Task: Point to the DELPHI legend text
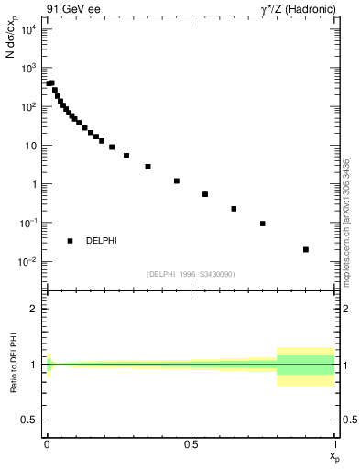[101, 241]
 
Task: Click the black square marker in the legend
[70, 241]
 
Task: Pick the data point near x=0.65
[234, 209]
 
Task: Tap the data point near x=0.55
[205, 194]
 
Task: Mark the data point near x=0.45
[176, 180]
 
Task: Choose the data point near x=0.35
[147, 167]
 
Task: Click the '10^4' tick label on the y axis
[27, 29]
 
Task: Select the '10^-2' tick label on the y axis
[27, 262]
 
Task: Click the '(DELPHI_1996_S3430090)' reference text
[190, 274]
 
